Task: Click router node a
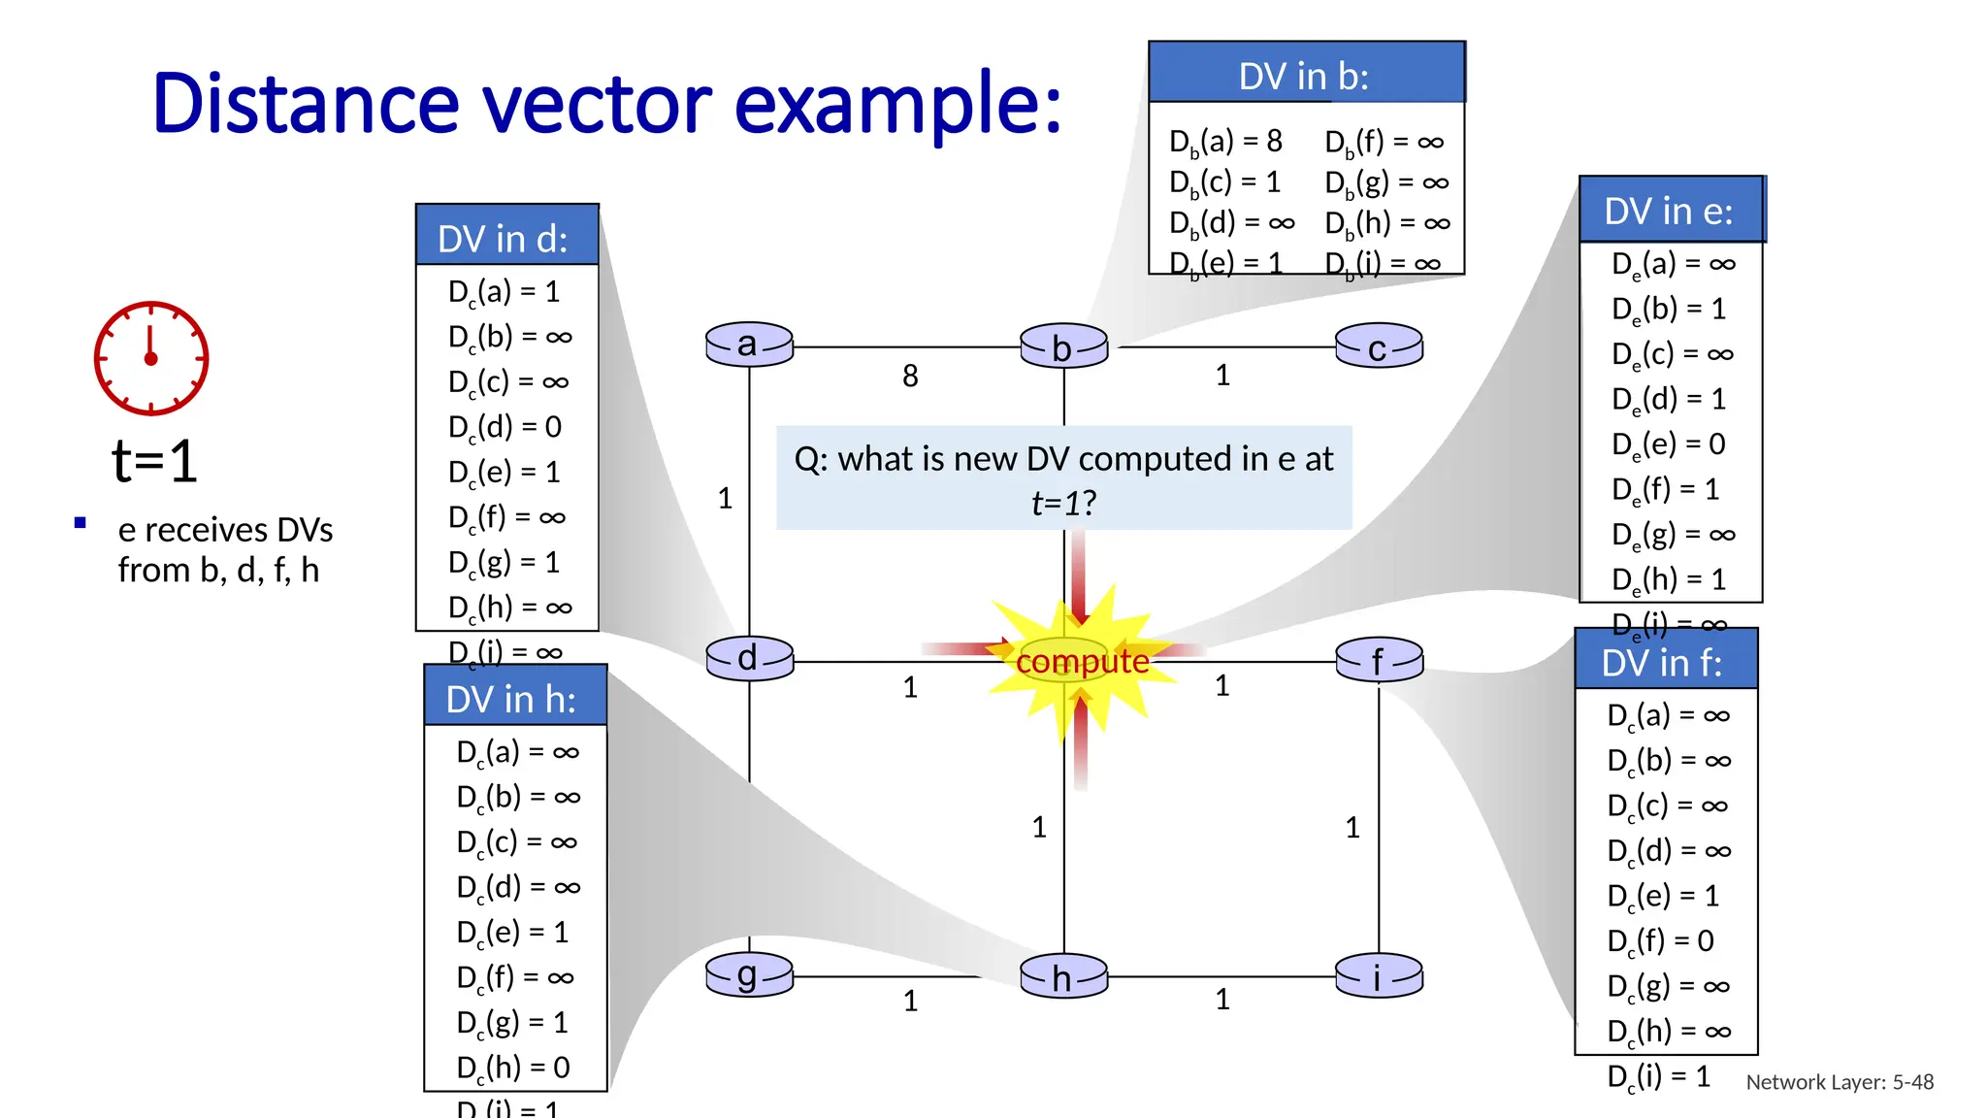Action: coord(749,345)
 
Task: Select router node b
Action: coord(1063,346)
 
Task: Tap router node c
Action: coord(1379,346)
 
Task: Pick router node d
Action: coord(749,659)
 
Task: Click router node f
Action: coord(1379,661)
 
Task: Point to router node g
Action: coord(749,974)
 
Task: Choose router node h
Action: coord(1063,976)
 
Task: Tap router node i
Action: coord(1379,976)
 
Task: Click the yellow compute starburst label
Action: coord(1082,662)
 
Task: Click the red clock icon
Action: coord(150,358)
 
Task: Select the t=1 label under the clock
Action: coord(154,461)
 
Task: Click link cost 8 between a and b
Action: coord(910,376)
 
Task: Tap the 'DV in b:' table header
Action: coord(1305,76)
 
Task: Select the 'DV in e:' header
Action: coord(1669,211)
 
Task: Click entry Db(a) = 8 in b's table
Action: coord(1226,142)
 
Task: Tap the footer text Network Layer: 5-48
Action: coord(1840,1082)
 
